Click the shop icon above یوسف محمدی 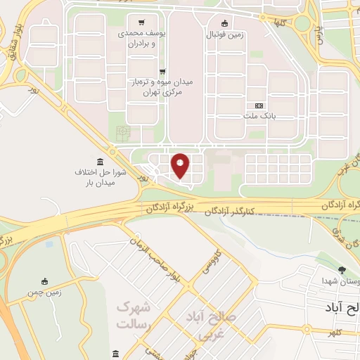[143, 22]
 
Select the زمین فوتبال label [224, 34]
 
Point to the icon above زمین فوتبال [224, 22]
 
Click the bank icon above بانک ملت [259, 105]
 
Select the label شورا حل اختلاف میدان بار [101, 177]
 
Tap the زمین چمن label [44, 292]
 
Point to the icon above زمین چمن [45, 281]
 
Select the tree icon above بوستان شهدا [342, 269]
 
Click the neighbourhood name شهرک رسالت [134, 314]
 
